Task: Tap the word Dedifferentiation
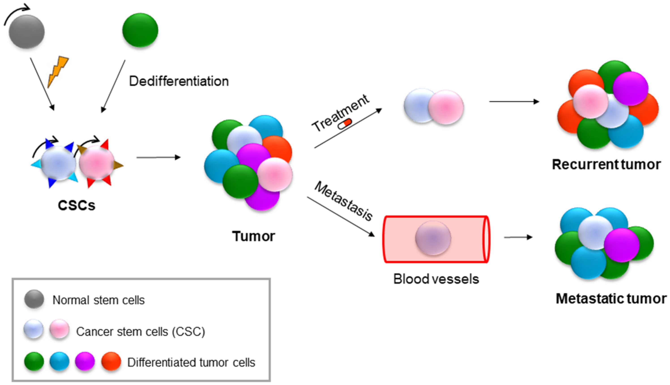[179, 81]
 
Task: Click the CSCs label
[76, 205]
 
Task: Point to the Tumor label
[253, 236]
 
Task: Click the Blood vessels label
[436, 279]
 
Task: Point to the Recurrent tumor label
[606, 164]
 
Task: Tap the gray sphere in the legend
[34, 299]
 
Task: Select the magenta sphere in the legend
[85, 361]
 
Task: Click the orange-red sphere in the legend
[111, 361]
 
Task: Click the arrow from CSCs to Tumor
[158, 158]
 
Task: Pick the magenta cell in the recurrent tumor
[630, 88]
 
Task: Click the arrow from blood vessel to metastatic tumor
[518, 237]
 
